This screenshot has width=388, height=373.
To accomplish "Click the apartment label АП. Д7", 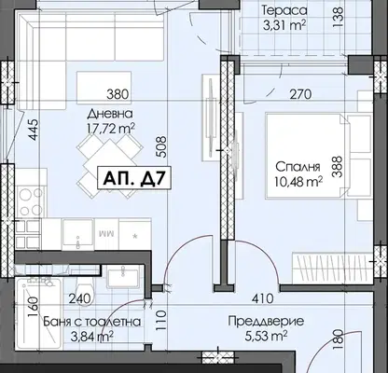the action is click(134, 178).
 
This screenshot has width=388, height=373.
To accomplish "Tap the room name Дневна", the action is click(110, 114).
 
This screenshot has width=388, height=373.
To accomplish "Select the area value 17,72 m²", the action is click(112, 128).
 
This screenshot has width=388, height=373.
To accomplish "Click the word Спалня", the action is click(298, 167).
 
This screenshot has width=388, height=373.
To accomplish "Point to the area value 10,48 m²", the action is click(298, 181).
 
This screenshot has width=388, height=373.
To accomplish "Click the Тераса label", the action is click(284, 10).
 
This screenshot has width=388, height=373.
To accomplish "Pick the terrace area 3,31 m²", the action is click(284, 25).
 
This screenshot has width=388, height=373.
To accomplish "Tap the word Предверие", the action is click(266, 321).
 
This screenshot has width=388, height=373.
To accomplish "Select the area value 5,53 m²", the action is click(267, 336).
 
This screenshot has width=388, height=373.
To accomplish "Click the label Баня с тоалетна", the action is click(92, 322).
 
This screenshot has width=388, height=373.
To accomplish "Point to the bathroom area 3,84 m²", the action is click(91, 336).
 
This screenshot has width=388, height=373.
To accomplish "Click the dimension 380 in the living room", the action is click(118, 94).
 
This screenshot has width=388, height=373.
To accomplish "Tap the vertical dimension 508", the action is click(162, 148).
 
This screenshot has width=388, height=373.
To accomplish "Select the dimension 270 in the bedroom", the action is click(300, 94).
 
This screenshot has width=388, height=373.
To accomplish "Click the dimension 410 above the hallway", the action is click(263, 299).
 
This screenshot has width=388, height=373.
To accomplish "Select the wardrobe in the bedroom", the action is click(332, 269).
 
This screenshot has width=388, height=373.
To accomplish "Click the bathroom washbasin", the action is click(122, 278).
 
